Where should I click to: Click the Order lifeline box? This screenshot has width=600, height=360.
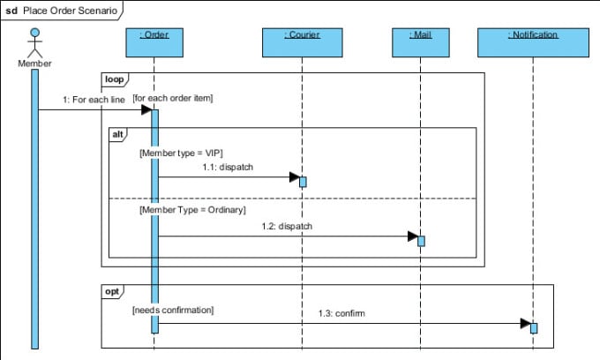point(154,41)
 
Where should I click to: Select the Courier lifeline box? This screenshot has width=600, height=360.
point(302,41)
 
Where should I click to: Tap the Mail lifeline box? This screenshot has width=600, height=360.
point(420,41)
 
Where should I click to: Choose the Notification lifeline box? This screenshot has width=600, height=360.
point(533,41)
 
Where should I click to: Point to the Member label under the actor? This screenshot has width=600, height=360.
point(35,64)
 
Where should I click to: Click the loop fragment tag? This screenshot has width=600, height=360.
point(115,79)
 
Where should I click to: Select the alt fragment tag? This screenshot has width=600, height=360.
point(118,134)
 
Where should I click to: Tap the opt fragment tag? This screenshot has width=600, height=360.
point(114,291)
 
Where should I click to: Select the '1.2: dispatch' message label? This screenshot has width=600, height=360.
point(287,226)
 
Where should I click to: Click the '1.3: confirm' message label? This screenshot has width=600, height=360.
point(341,313)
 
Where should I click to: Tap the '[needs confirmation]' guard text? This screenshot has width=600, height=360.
point(173,311)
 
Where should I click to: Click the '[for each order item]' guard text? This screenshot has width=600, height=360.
point(173,97)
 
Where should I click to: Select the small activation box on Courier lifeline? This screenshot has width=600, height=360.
point(303,182)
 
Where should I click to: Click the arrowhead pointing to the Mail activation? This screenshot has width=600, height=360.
point(411,236)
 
